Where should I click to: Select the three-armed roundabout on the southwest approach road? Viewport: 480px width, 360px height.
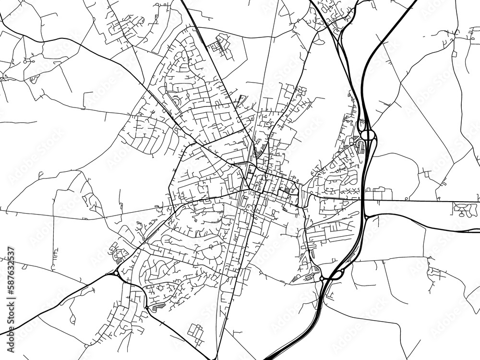point(117,273)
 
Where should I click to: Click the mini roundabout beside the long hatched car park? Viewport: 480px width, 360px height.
point(146,307)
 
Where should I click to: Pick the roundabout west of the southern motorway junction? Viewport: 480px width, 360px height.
point(322,278)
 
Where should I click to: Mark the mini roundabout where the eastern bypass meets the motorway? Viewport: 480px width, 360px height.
point(366,217)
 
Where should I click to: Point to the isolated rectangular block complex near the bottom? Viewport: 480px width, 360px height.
point(196,332)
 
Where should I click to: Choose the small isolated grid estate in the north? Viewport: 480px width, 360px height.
point(221,46)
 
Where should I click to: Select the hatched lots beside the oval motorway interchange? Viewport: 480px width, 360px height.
point(359,144)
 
